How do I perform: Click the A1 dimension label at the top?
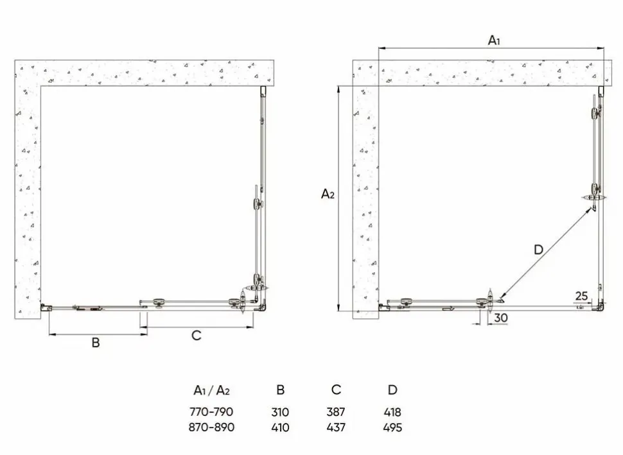(x=494, y=40)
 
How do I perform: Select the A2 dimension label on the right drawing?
(x=328, y=194)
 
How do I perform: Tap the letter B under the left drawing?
(x=96, y=343)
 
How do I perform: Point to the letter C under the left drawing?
(x=197, y=336)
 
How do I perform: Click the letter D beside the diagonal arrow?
(x=538, y=250)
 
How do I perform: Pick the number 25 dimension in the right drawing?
(x=581, y=296)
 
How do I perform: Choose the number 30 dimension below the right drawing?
(x=501, y=318)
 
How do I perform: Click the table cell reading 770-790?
(x=211, y=412)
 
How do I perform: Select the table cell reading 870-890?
(x=211, y=427)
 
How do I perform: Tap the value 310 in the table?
(x=280, y=412)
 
